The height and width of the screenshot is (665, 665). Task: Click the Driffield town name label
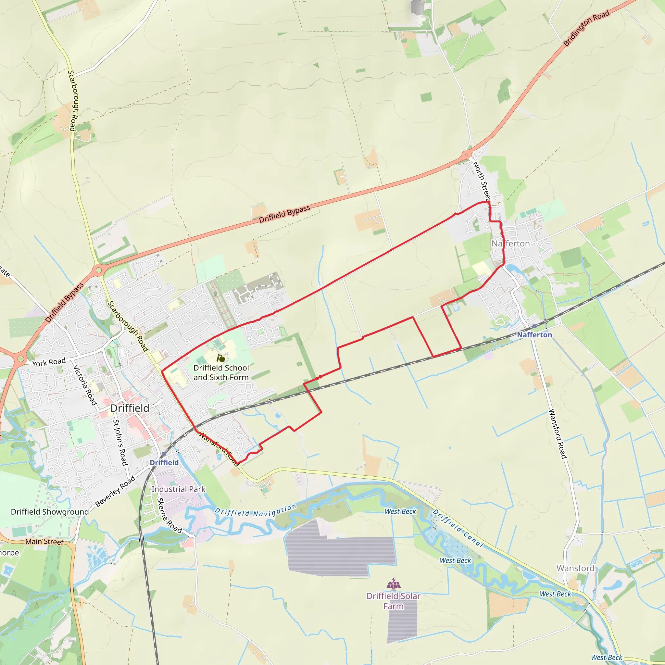point(130,408)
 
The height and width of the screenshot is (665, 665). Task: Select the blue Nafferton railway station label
point(534,335)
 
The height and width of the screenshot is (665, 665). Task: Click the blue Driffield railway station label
point(164,463)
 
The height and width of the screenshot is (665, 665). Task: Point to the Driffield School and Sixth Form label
point(221,372)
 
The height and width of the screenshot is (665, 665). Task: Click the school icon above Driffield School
point(220,358)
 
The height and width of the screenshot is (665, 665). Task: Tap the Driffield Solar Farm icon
point(394,584)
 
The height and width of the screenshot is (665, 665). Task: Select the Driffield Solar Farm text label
point(394,601)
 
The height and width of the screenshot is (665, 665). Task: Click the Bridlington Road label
point(586,28)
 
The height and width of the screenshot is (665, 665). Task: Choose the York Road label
point(49,362)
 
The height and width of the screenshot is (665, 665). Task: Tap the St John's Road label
point(120,442)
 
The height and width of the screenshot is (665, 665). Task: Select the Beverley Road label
point(115,492)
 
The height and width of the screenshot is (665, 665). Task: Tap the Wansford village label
point(575,568)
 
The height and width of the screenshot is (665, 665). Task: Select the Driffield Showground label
point(50,512)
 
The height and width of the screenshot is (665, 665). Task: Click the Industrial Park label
point(178,489)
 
